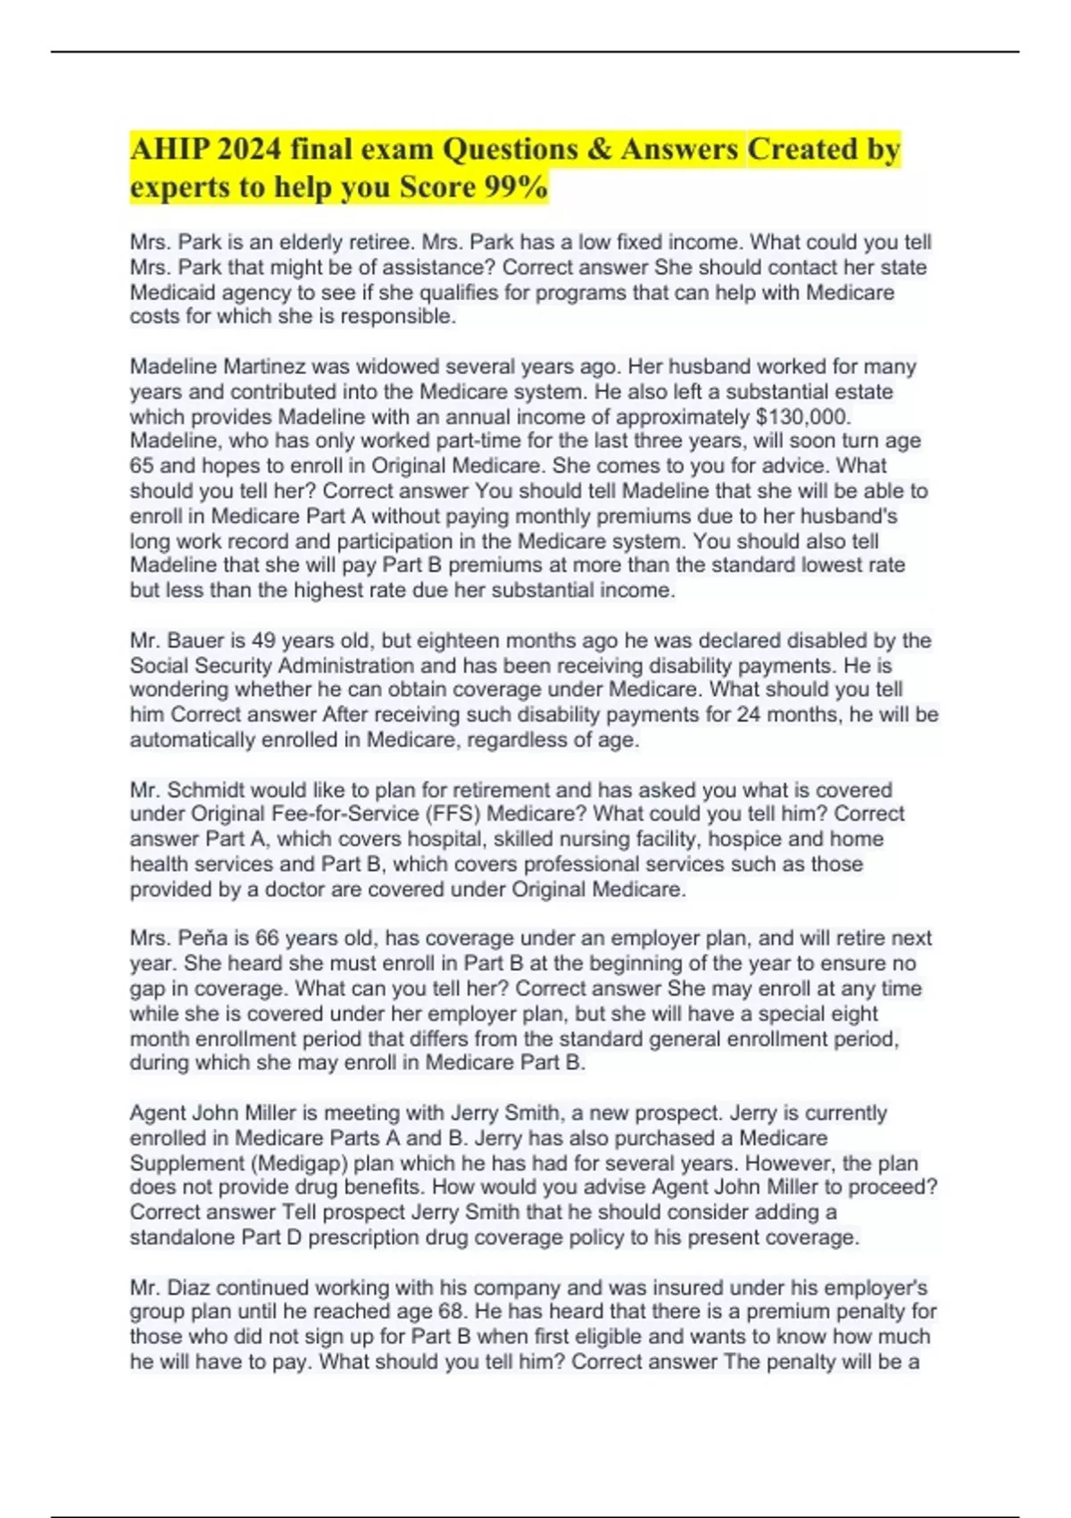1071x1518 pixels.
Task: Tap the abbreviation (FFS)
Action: tap(452, 814)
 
